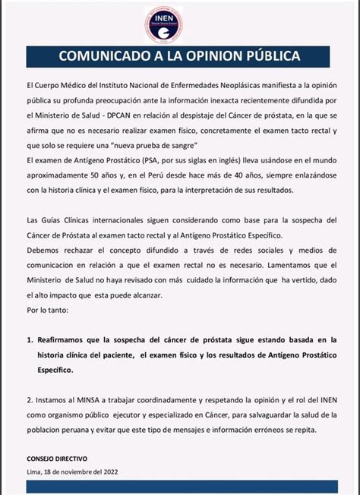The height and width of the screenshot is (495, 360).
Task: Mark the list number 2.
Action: point(29,399)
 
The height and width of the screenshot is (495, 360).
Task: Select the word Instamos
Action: point(53,399)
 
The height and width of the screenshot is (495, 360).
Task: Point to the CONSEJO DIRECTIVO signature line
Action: point(57,459)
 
